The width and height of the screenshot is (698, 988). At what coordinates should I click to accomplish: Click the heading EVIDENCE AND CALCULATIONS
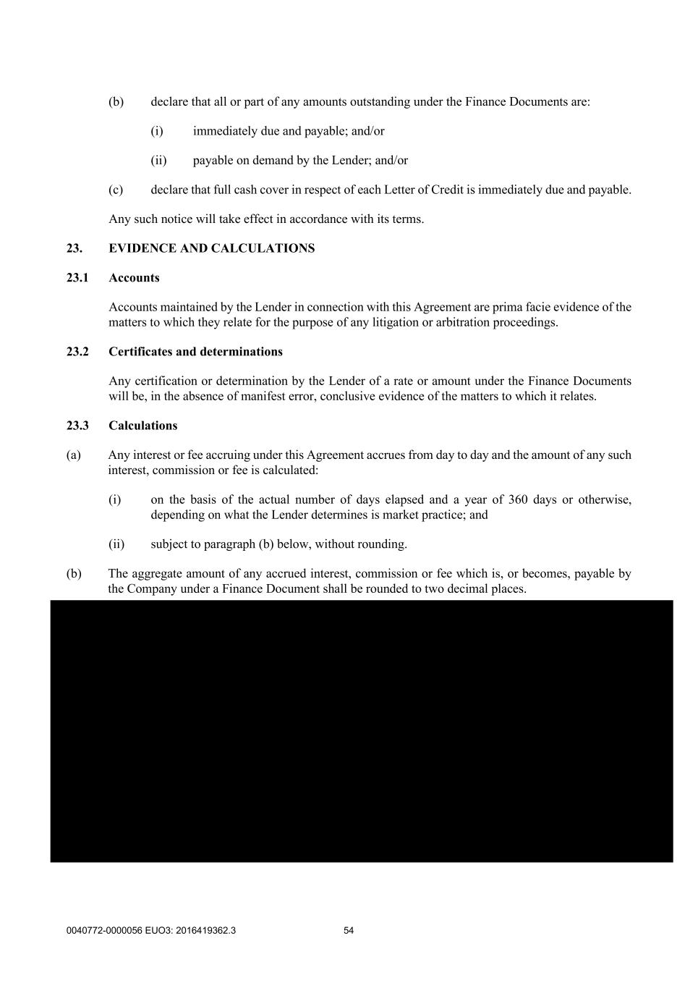[211, 248]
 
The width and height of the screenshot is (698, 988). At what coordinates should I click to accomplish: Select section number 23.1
[77, 278]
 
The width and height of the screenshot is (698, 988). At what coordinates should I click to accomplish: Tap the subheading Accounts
[134, 278]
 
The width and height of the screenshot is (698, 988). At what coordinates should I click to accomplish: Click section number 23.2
[77, 352]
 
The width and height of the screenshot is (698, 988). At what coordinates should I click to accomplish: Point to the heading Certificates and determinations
[195, 352]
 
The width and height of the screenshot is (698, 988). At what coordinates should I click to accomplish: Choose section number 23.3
[77, 426]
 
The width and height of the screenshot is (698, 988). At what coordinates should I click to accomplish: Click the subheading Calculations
[142, 426]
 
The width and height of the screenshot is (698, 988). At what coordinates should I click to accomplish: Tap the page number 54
[349, 931]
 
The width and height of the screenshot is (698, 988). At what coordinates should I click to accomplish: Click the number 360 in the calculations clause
[518, 500]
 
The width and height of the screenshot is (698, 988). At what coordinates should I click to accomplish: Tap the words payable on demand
[239, 161]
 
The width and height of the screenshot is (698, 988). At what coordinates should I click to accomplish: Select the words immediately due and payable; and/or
[289, 131]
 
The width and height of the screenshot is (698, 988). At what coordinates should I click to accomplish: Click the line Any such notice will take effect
[265, 219]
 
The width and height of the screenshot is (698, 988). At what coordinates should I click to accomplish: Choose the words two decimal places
[480, 589]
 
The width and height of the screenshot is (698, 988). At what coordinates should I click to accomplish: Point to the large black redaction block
[362, 731]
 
